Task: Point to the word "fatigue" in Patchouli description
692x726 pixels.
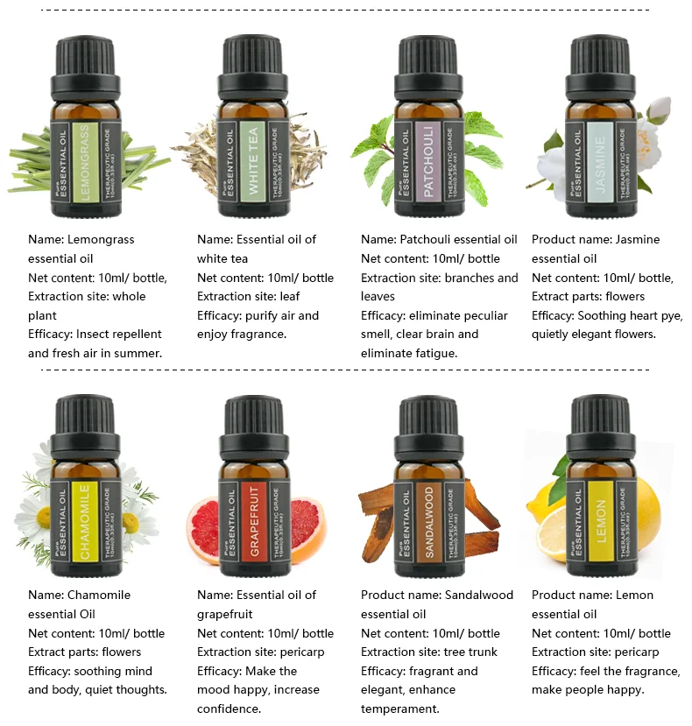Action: tap(432, 353)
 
